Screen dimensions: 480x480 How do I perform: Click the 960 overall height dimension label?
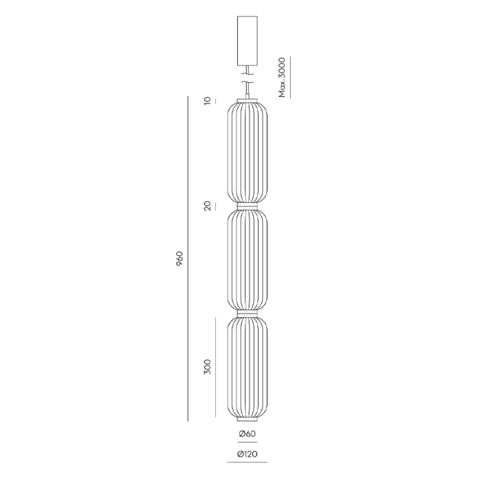click(180, 259)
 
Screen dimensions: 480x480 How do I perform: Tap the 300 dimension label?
click(208, 367)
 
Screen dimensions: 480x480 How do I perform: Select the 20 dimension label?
click(208, 206)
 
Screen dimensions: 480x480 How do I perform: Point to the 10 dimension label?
click(208, 100)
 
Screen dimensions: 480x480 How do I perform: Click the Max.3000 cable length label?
click(282, 77)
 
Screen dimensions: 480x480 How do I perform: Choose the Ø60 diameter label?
click(247, 434)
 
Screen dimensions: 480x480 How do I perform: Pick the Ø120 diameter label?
click(247, 454)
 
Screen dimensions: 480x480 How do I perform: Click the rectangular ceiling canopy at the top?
click(248, 40)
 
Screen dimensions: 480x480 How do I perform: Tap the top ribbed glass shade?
click(248, 152)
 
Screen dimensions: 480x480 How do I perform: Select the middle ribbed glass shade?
click(248, 260)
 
